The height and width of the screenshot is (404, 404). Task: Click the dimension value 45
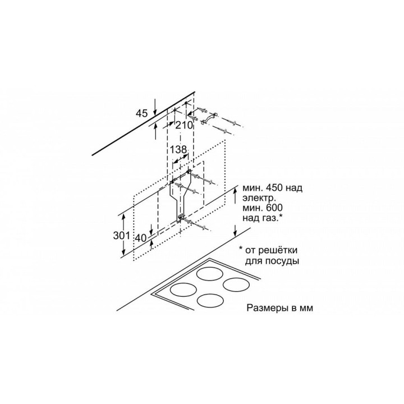pyautogui.click(x=142, y=113)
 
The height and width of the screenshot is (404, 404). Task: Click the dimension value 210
pyautogui.click(x=184, y=126)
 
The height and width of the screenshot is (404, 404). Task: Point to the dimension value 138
pyautogui.click(x=178, y=149)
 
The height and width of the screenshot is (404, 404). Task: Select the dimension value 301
pyautogui.click(x=122, y=235)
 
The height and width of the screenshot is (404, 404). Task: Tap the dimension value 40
pyautogui.click(x=141, y=238)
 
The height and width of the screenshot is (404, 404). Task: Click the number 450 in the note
pyautogui.click(x=274, y=187)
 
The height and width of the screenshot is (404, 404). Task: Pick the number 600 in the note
pyautogui.click(x=274, y=208)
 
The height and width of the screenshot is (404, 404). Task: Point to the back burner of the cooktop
pyautogui.click(x=210, y=274)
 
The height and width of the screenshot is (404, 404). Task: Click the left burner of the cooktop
pyautogui.click(x=183, y=290)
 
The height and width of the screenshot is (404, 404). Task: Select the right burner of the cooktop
pyautogui.click(x=236, y=284)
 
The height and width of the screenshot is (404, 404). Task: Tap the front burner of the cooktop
pyautogui.click(x=210, y=301)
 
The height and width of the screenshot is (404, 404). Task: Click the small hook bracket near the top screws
pyautogui.click(x=209, y=118)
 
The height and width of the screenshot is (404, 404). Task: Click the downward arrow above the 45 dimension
pyautogui.click(x=155, y=107)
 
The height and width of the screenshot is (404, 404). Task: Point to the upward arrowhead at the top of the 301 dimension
pyautogui.click(x=124, y=217)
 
